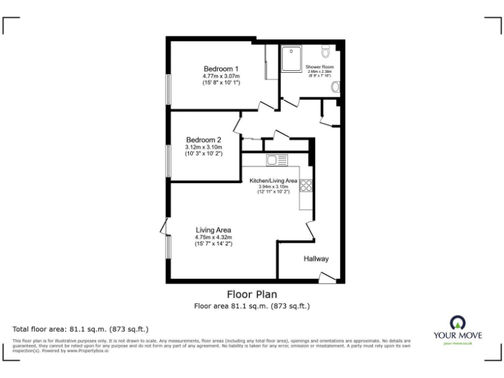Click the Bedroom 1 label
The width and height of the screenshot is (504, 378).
[x=220, y=69]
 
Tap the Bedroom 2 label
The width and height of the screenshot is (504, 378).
[x=203, y=140]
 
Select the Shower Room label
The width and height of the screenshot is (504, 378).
[x=320, y=67]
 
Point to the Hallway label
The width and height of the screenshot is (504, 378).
[x=316, y=259]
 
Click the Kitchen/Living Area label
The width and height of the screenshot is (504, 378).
[x=274, y=180]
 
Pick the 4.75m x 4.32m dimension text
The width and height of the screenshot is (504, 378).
[x=213, y=237]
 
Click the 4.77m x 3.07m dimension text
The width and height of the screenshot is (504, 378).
[x=221, y=76]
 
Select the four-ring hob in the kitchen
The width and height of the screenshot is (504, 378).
[x=306, y=185]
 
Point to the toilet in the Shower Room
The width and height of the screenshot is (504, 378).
[x=326, y=51]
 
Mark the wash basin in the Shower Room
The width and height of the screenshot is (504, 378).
[x=335, y=87]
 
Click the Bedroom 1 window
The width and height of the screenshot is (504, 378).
[x=169, y=89]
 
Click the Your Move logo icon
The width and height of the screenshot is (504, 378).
[x=457, y=322]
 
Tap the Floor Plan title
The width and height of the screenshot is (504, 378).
[x=251, y=295]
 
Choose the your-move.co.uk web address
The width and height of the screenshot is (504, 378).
[x=457, y=343]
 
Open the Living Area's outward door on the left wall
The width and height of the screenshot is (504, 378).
[x=163, y=227]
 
